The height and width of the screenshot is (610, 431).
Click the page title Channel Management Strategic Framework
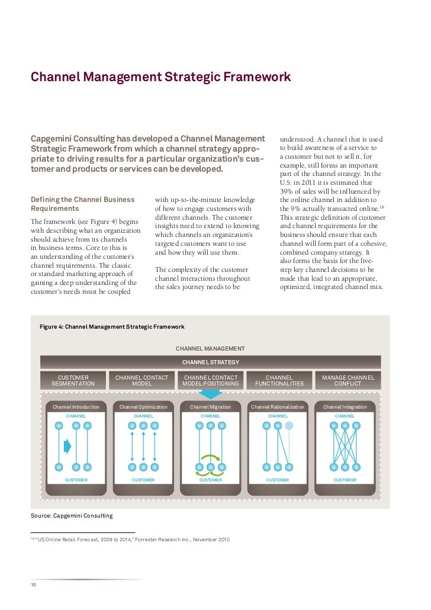click(160, 78)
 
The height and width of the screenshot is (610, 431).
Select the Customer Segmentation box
click(73, 380)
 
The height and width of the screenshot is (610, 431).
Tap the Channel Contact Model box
click(141, 380)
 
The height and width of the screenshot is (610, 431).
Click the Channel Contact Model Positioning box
click(210, 380)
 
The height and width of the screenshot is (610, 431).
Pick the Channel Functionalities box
click(279, 380)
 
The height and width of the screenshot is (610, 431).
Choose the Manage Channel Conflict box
click(348, 380)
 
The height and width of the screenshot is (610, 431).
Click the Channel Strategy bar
click(210, 362)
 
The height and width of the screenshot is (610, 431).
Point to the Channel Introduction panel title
click(76, 407)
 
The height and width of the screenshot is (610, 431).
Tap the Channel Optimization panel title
click(143, 407)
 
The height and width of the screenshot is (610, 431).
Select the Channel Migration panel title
click(210, 407)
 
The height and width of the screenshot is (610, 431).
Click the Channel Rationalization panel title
click(278, 407)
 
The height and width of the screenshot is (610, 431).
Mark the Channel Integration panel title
click(345, 407)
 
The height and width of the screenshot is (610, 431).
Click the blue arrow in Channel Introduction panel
click(67, 446)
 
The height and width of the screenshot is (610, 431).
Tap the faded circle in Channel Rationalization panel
click(288, 425)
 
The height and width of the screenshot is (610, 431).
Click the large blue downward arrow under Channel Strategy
click(210, 394)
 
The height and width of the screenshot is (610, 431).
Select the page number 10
click(34, 585)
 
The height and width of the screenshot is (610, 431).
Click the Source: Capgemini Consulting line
click(72, 516)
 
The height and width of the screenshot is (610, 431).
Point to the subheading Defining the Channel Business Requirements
click(82, 204)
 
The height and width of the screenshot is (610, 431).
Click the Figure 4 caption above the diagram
click(112, 327)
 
